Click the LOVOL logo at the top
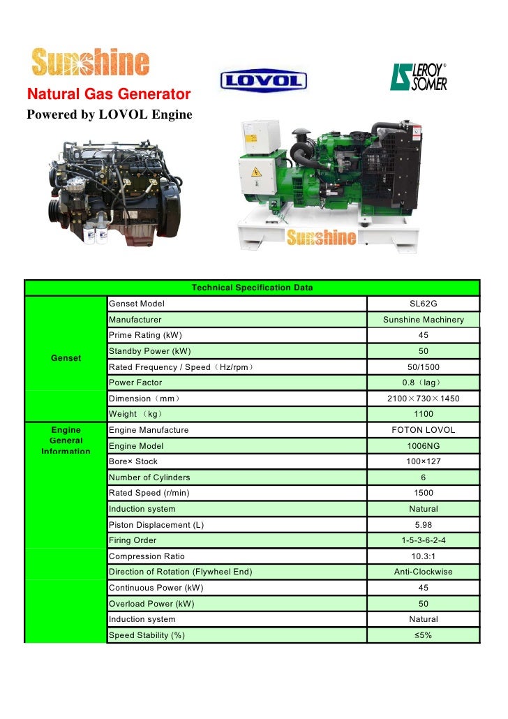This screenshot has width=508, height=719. tap(264, 80)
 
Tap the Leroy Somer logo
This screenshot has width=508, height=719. tap(418, 76)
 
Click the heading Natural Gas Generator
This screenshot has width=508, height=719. tap(108, 94)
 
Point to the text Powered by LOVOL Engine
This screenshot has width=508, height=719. tap(109, 113)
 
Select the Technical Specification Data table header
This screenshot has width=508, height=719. tap(252, 288)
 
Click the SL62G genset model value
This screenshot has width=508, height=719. tap(423, 304)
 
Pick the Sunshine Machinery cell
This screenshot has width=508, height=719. tap(423, 320)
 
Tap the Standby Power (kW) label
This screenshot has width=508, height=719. tap(150, 351)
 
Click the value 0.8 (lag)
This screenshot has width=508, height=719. tap(423, 383)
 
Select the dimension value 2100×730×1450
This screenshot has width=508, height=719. tap(423, 399)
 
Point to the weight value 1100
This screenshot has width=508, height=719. tap(423, 415)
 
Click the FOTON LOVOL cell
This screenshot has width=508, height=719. tap(423, 430)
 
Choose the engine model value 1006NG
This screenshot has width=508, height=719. tap(423, 446)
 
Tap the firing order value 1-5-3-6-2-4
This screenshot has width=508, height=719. tap(423, 540)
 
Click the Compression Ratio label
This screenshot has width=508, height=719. tap(147, 556)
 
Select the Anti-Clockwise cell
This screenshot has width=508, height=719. tap(423, 572)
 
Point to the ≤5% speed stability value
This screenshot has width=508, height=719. tap(423, 635)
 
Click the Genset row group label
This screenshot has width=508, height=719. tap(66, 358)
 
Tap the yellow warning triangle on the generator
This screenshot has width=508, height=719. tap(256, 171)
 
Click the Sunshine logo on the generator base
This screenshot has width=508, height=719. tap(322, 237)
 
